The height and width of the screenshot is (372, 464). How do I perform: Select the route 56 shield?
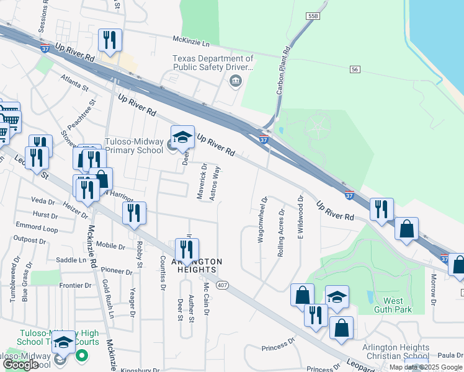tap(355, 69)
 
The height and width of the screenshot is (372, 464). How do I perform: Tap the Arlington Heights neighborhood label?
tap(193, 265)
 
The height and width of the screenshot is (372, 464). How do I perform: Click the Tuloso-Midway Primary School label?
tap(135, 145)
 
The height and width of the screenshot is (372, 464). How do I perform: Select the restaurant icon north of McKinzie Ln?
tap(110, 40)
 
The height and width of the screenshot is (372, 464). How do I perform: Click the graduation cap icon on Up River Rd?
tap(182, 136)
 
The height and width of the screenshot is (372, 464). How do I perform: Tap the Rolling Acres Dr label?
tap(281, 232)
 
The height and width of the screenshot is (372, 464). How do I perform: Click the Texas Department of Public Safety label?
tap(213, 63)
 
